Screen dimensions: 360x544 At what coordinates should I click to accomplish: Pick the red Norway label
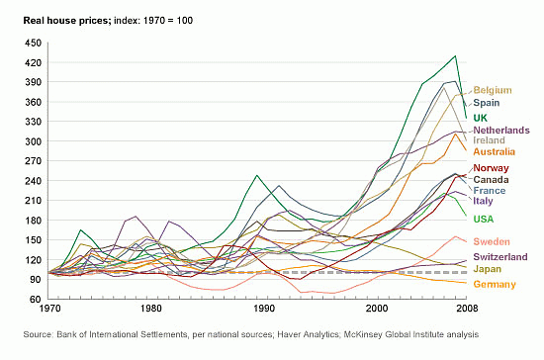click(x=492, y=169)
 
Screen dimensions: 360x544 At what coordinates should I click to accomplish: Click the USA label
click(x=486, y=219)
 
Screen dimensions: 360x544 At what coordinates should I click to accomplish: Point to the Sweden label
click(x=492, y=241)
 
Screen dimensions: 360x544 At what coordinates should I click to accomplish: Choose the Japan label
click(x=489, y=269)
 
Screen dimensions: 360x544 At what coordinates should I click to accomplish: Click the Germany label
click(x=495, y=284)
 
